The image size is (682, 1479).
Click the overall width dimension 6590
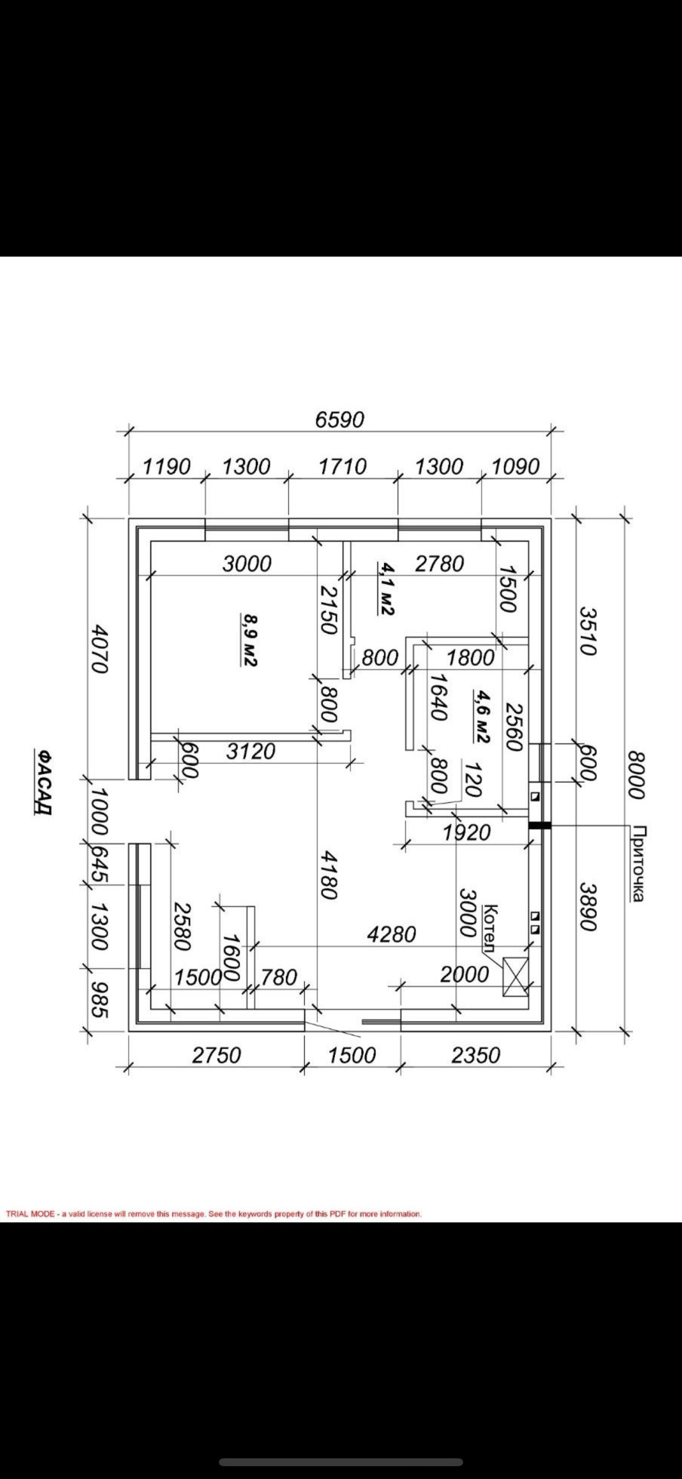tap(339, 420)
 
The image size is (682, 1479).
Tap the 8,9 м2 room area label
tap(249, 638)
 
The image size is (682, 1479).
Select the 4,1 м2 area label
tap(386, 588)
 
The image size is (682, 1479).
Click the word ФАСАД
tap(44, 783)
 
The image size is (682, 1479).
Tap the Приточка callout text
tap(637, 864)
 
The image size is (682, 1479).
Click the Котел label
tap(490, 928)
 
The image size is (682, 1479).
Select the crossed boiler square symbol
tap(516, 976)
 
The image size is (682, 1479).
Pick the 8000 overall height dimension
tap(637, 775)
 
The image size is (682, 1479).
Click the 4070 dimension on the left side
tap(100, 647)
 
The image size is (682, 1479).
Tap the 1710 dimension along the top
tap(342, 466)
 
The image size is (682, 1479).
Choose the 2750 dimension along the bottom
tap(216, 1054)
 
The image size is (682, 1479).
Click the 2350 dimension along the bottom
tap(475, 1054)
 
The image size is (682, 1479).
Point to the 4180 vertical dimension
tap(327, 875)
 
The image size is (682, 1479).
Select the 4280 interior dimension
tap(392, 934)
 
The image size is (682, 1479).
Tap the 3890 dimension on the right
tap(588, 908)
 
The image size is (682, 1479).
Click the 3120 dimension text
tap(250, 752)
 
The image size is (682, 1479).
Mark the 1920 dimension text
tap(466, 833)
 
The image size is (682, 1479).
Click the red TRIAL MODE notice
tap(214, 1213)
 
